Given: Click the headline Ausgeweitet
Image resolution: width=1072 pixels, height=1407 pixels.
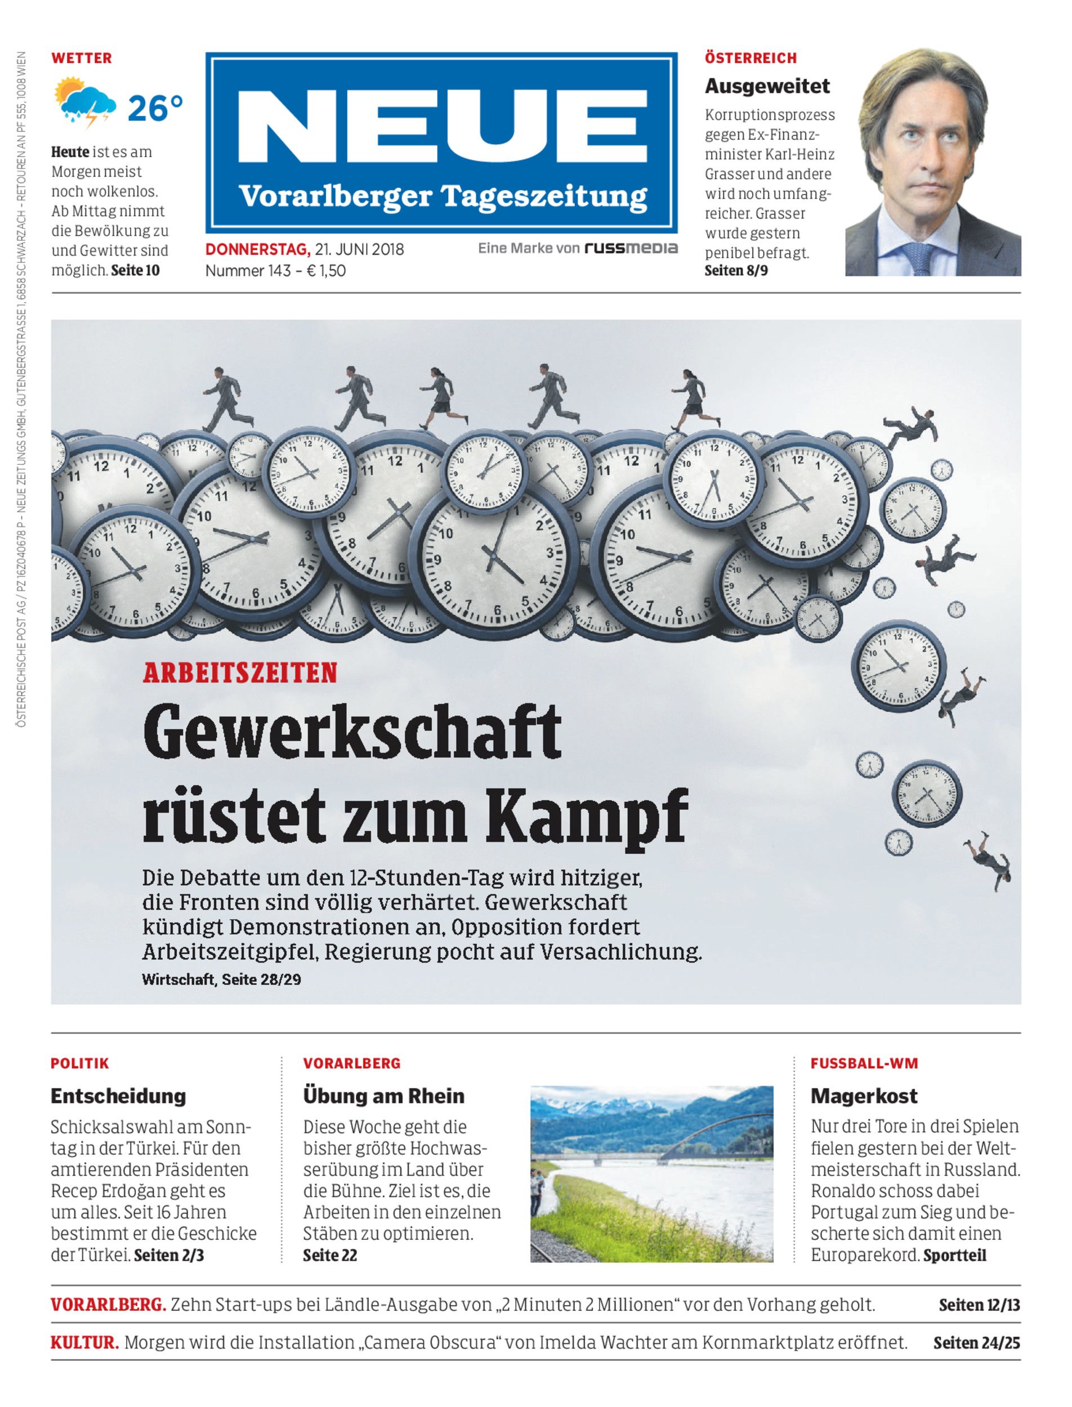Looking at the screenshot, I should tap(767, 86).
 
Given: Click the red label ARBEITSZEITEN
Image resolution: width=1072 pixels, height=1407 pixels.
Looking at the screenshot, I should tap(240, 674).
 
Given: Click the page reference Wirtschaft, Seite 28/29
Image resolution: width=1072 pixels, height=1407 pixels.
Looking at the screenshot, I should tap(221, 979).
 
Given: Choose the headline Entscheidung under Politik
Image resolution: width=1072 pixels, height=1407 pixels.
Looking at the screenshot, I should tap(118, 1096).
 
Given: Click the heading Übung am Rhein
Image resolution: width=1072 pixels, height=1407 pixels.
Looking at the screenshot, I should tap(383, 1096).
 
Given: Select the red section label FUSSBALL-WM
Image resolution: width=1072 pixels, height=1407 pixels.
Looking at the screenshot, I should tap(864, 1063).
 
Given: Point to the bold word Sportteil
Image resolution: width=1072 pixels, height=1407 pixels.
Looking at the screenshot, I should tap(954, 1255).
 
